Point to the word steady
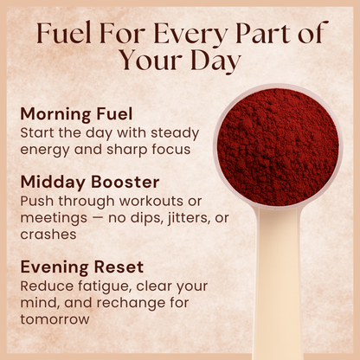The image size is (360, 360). (174, 132)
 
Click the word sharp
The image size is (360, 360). (119, 149)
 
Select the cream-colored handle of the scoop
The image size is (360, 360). (280, 286)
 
